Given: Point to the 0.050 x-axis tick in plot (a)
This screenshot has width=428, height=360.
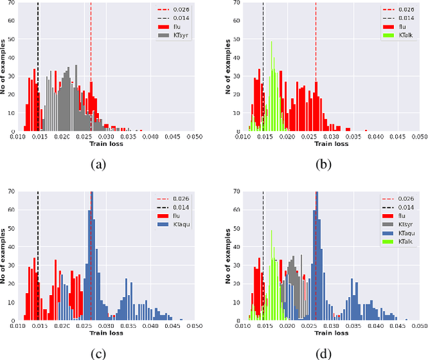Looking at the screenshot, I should [194, 137].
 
